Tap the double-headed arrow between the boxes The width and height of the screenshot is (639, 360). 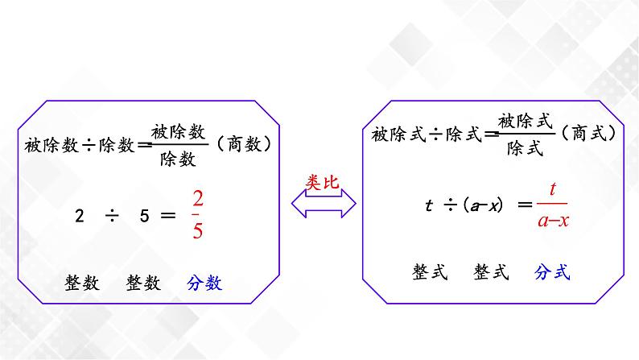(323, 209)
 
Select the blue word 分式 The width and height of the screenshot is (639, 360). (552, 273)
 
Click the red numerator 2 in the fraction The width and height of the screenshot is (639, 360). (198, 199)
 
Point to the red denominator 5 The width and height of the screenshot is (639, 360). (198, 230)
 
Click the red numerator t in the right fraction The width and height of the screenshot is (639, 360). (553, 190)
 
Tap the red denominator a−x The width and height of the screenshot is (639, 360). (552, 219)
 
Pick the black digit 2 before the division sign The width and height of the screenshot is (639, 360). (79, 215)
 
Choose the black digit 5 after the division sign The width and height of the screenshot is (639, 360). (138, 215)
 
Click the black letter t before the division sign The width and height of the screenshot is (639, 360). (429, 205)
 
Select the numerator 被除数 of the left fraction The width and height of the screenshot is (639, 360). (178, 132)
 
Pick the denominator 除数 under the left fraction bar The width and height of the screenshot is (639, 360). (178, 159)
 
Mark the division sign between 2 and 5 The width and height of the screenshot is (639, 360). (109, 215)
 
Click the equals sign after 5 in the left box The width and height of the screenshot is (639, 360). (167, 215)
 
